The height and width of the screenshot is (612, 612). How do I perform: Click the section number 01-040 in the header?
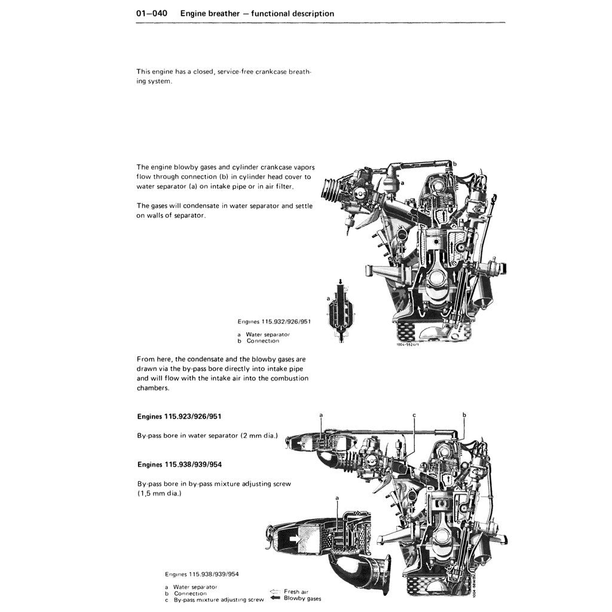click(152, 13)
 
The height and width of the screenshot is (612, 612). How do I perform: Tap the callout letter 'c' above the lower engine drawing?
click(414, 414)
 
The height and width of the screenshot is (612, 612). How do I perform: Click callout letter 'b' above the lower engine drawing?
click(464, 414)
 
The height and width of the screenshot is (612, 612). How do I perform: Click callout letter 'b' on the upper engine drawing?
click(454, 163)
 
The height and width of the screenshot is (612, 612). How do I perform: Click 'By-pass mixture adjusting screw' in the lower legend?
click(219, 599)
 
